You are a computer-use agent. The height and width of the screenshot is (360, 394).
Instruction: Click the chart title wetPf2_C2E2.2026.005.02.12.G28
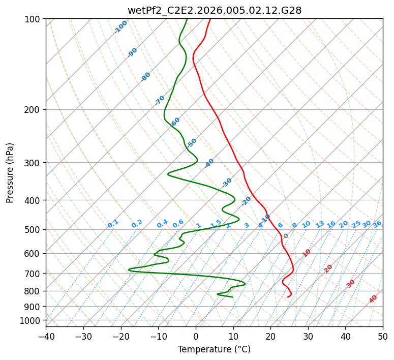click(x=214, y=10)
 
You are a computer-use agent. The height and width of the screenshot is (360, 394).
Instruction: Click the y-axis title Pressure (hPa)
click(x=10, y=173)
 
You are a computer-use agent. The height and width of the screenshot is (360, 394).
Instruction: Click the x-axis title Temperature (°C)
click(x=214, y=350)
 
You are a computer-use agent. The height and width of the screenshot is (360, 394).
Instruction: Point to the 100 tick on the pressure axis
click(x=33, y=19)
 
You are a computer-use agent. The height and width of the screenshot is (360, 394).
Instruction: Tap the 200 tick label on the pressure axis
click(x=33, y=110)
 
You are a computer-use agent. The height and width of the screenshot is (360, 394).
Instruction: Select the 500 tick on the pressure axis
click(x=33, y=230)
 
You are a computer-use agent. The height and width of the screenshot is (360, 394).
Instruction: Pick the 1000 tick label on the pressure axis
click(x=31, y=321)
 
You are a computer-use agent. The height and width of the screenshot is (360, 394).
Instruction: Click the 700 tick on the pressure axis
click(x=33, y=274)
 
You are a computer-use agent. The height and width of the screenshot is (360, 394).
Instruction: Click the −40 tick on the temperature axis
click(x=46, y=337)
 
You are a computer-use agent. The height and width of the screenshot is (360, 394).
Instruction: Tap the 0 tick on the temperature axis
click(x=196, y=337)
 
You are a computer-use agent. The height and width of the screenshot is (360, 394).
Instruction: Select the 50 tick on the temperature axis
click(x=383, y=337)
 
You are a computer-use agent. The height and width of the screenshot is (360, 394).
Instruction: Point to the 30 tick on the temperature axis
click(x=308, y=337)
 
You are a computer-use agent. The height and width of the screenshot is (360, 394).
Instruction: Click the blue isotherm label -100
click(x=121, y=27)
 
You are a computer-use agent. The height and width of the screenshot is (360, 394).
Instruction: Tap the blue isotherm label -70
click(x=160, y=100)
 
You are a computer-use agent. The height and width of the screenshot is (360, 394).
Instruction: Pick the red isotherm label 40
click(x=373, y=299)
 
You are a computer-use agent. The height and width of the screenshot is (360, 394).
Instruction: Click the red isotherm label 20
click(x=328, y=268)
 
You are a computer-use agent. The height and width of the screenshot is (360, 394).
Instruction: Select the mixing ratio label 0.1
click(x=113, y=224)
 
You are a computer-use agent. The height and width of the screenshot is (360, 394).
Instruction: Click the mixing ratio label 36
click(x=377, y=224)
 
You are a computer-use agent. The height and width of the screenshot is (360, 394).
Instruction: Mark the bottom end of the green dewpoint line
click(x=232, y=297)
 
